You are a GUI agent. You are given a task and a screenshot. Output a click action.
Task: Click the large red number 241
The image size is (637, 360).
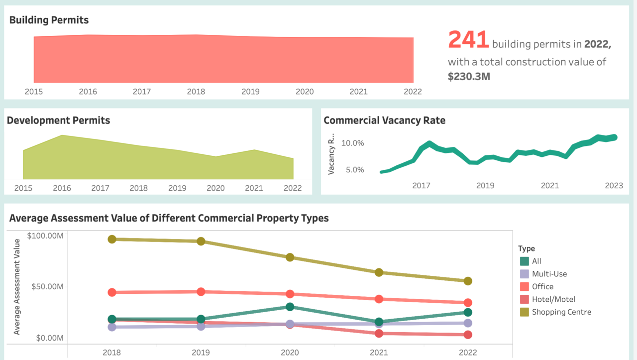(468, 39)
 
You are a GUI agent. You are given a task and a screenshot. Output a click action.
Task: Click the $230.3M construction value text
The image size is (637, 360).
(469, 76)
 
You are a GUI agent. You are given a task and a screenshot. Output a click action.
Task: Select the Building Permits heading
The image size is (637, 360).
(49, 20)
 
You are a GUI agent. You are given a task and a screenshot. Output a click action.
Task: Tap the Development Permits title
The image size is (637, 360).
(58, 120)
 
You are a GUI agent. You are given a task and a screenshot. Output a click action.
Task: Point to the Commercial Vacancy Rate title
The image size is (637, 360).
(385, 120)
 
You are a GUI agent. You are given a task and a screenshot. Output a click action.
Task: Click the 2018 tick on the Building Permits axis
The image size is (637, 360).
(196, 92)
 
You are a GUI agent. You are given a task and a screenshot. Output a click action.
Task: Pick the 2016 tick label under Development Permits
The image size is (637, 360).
(62, 188)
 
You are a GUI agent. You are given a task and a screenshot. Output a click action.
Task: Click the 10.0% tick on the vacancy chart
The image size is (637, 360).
(353, 143)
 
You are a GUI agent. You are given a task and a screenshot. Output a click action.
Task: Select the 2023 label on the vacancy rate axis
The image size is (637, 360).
(614, 186)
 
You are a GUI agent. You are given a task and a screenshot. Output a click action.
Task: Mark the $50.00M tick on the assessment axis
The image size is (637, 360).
(47, 287)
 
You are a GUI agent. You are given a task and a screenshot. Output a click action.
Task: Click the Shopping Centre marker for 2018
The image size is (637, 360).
(112, 240)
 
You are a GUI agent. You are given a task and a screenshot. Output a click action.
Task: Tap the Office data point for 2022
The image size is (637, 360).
(468, 303)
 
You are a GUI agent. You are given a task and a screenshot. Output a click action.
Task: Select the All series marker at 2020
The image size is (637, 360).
(290, 307)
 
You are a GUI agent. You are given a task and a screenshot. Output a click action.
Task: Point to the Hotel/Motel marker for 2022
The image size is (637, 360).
(468, 335)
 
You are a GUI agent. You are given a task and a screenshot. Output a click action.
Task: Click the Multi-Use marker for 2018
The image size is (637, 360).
(112, 327)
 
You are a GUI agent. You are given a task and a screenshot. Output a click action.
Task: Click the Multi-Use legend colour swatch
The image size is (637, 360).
(525, 274)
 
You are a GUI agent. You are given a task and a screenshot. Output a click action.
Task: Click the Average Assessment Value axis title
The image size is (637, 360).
(17, 287)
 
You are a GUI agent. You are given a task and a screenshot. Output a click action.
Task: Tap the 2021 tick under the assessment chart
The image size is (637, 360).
(379, 353)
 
